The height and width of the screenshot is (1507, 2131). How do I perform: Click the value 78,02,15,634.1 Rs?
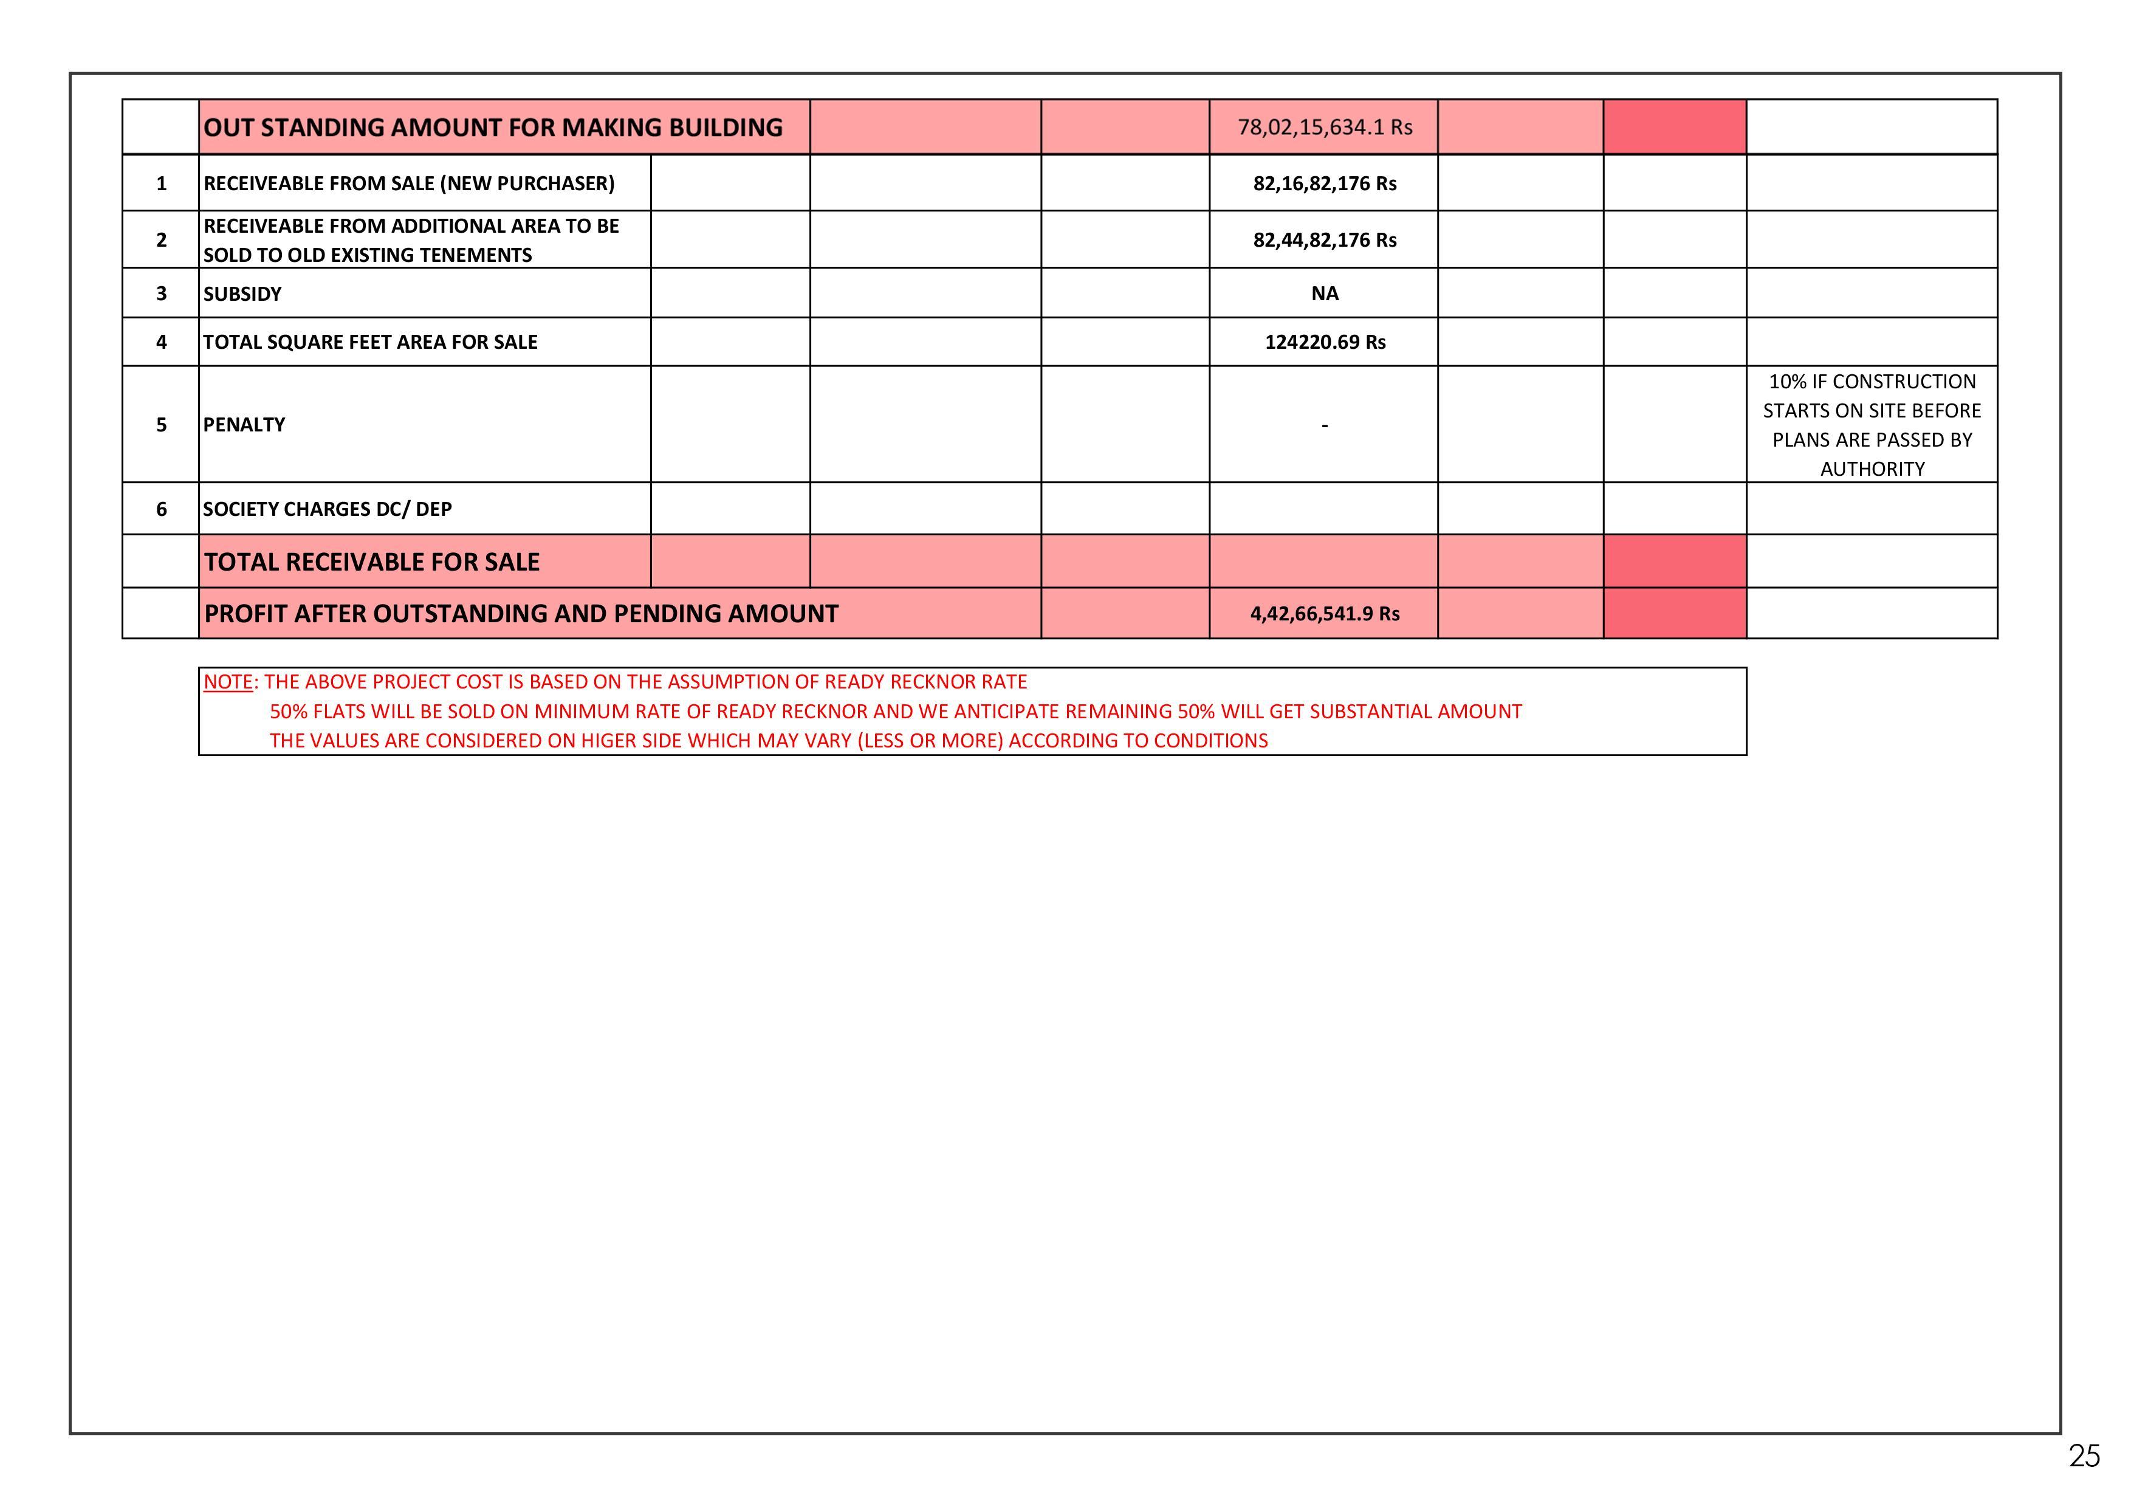[1325, 127]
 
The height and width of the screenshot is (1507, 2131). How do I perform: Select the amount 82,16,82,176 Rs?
[1325, 184]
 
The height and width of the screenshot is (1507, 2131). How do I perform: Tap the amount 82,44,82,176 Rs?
[1325, 241]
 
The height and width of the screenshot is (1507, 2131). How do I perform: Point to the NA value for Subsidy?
[1325, 294]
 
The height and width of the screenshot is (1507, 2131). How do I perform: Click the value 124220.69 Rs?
[1325, 342]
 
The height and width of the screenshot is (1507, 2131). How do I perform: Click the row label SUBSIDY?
[242, 294]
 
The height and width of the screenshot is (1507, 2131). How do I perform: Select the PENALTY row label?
[244, 425]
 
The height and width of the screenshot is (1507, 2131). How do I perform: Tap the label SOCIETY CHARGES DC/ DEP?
[328, 509]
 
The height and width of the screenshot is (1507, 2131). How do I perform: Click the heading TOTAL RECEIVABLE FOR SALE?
[371, 562]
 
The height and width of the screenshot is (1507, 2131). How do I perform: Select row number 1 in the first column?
[162, 184]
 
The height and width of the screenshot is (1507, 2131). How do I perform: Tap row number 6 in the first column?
[162, 509]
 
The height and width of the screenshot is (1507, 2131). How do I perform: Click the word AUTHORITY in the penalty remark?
[1872, 470]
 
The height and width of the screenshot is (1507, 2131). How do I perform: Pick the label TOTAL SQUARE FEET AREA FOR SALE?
[370, 342]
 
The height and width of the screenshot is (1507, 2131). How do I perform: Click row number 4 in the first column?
[162, 342]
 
